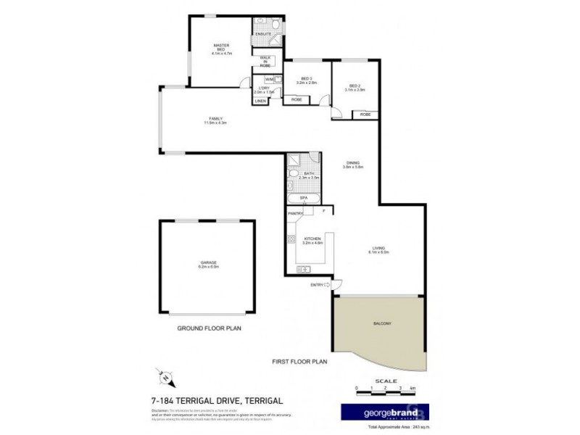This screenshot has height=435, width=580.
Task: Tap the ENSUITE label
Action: point(262,33)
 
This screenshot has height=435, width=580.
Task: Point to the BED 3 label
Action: point(304,78)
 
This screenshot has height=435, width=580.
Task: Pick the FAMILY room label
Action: point(215,119)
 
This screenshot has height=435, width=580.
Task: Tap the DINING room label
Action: point(353,163)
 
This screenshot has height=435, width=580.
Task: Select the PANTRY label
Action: point(295,213)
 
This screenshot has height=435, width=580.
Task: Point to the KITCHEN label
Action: point(312,237)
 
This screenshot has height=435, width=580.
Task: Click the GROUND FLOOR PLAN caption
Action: point(209,328)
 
